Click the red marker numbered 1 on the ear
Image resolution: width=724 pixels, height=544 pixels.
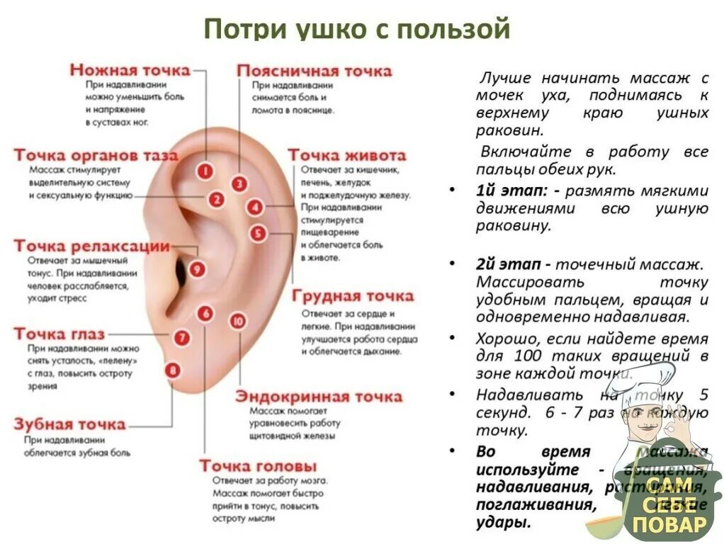205,171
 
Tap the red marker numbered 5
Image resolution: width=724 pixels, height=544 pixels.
258,232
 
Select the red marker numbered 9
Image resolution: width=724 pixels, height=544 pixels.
197,269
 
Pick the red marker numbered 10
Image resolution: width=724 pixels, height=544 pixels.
238,321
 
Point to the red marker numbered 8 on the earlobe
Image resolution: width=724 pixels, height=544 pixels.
172,369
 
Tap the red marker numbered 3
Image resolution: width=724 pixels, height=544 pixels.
239,184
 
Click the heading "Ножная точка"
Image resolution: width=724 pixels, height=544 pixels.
130,69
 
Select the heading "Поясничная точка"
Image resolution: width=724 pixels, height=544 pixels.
314,71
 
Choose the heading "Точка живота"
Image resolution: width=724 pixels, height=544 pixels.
346,155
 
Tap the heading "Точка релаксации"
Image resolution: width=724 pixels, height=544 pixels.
91,246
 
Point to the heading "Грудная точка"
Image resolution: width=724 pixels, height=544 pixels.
352,295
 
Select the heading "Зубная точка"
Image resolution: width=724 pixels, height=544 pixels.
69,424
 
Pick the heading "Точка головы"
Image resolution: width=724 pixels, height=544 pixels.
258,466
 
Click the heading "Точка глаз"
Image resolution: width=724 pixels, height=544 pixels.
59,334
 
